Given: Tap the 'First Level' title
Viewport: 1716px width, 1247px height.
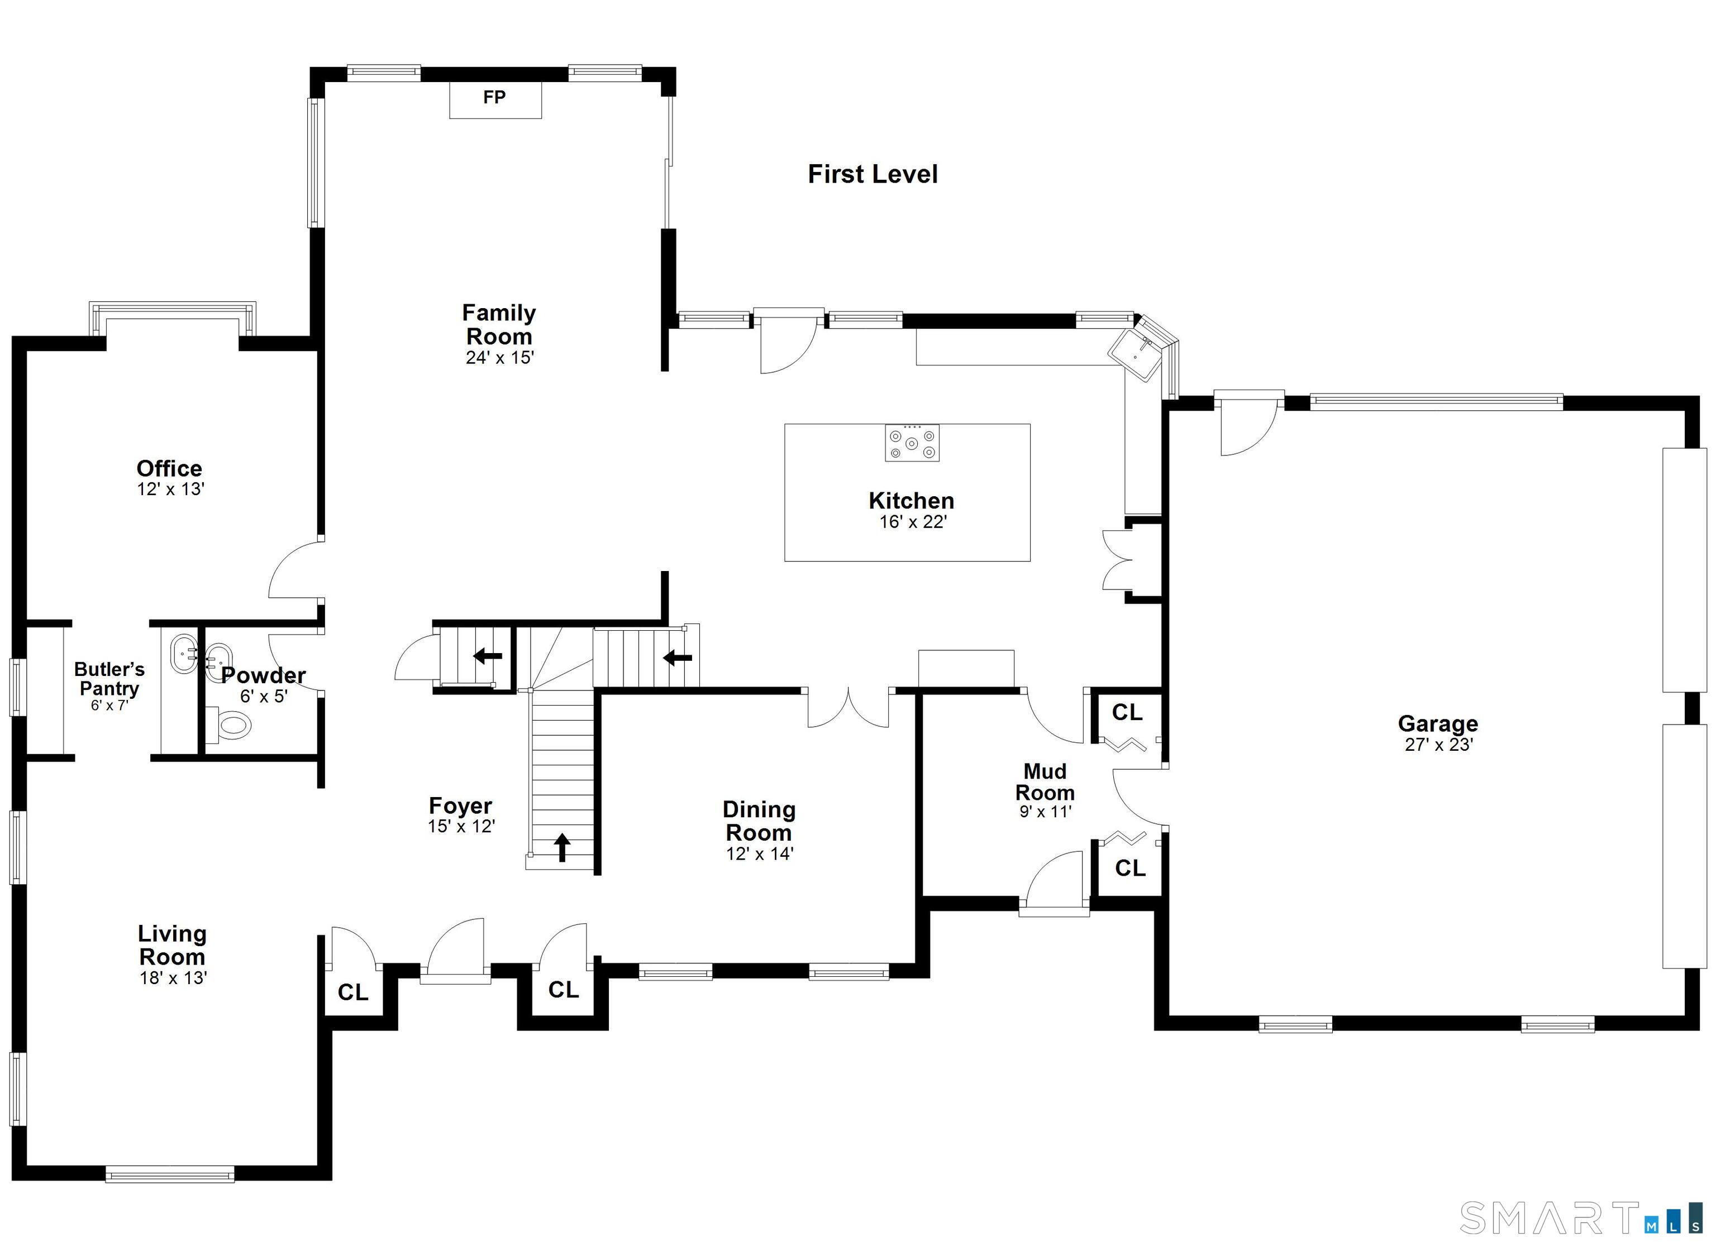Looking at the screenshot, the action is coord(873,174).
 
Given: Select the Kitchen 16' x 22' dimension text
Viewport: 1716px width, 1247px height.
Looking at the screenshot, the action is coord(913,522).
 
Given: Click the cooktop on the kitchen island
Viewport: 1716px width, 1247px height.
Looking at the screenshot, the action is coord(913,443).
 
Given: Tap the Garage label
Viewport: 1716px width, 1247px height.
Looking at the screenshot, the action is coord(1438,724).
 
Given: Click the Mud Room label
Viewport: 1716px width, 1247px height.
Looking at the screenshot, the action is coord(1045,782).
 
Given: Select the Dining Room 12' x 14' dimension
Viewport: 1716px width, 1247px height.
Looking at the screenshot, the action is coord(760,854).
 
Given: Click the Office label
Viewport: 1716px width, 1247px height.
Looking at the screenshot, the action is coord(169,468).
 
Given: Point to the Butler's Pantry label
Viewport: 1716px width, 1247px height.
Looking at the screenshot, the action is coord(109,679).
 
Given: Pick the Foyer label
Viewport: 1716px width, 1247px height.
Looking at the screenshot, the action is coord(460,805).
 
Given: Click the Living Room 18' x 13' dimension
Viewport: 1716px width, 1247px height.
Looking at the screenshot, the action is coord(173,978).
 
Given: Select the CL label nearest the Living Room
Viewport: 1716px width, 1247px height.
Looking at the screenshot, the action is coord(352,992).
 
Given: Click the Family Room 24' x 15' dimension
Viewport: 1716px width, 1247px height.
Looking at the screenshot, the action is coord(499,358).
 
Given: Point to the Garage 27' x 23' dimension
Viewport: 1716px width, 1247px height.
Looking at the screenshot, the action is coord(1438,745).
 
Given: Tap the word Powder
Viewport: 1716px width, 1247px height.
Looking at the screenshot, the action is coord(263,675).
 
